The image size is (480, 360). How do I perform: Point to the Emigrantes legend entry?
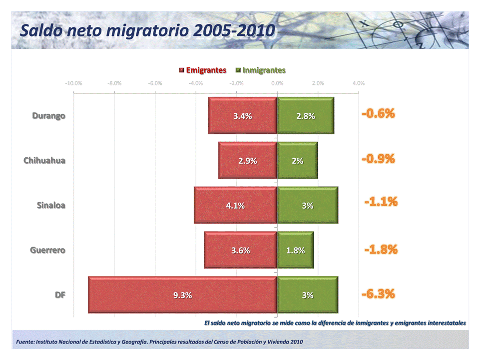tap(202, 70)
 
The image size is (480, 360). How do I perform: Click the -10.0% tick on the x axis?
tap(73, 83)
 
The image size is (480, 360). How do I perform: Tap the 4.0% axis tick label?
tap(358, 83)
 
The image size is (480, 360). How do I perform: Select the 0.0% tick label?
tap(277, 83)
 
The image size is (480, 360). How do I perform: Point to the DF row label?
tap(60, 295)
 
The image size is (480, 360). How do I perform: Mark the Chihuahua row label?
tap(44, 161)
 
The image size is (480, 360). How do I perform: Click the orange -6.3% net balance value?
tap(378, 294)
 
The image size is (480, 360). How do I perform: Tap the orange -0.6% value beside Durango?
tap(378, 114)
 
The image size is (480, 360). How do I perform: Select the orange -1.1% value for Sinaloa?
tap(381, 202)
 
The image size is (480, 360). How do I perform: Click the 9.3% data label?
tap(182, 295)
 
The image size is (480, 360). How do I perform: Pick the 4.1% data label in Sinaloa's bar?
tap(236, 206)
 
